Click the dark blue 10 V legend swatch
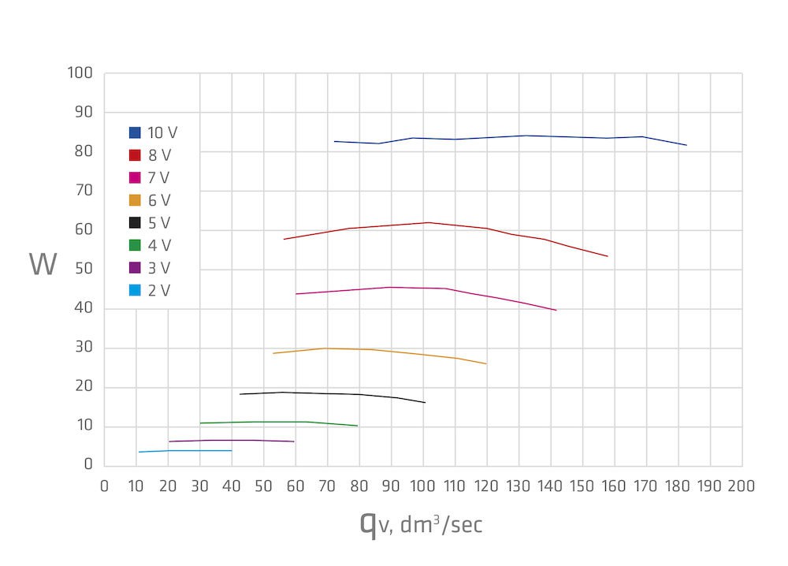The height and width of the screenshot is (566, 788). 135,132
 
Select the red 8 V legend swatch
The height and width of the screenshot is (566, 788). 135,155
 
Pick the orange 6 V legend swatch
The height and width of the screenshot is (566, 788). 135,200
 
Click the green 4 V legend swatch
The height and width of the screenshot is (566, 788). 135,246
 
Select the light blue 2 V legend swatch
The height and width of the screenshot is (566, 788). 135,291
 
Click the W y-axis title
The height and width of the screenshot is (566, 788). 43,265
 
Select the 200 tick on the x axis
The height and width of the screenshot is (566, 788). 742,486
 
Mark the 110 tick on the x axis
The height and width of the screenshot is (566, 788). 455,486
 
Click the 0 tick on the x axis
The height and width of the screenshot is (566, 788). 105,486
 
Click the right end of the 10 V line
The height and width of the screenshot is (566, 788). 687,145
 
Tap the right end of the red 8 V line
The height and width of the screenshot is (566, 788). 608,256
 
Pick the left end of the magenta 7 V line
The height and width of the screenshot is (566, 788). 295,294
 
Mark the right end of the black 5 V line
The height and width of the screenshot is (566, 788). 426,403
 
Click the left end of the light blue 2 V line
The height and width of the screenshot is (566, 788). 139,452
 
